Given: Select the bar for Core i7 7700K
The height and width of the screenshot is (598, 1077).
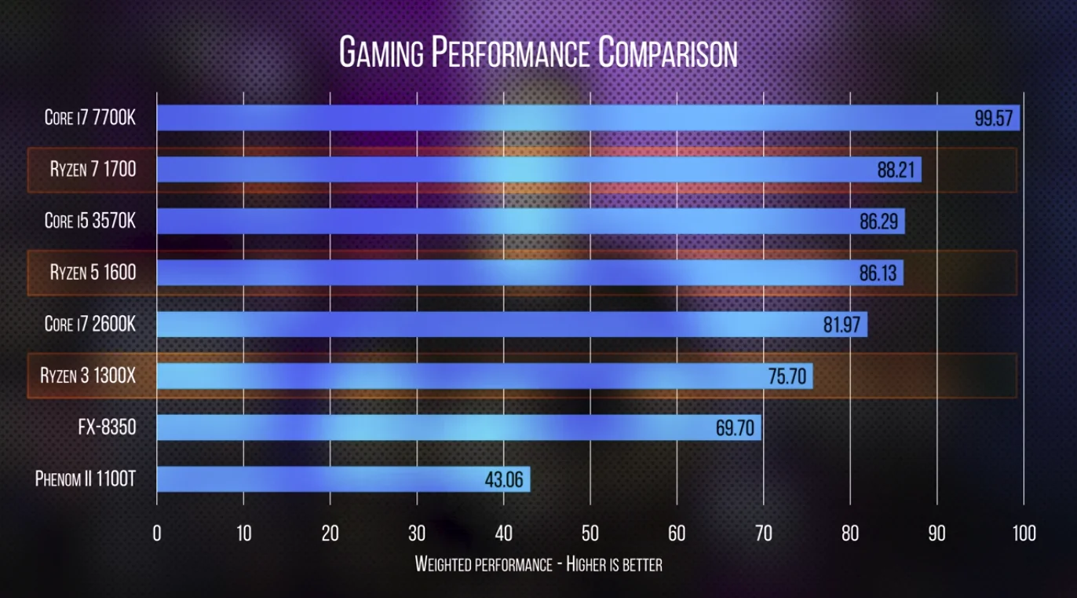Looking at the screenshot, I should tap(549, 119).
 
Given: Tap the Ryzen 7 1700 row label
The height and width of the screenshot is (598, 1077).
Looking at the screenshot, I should tap(93, 169).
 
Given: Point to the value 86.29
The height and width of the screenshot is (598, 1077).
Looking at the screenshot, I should tap(878, 222).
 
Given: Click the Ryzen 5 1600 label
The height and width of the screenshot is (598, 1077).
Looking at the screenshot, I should tap(93, 273).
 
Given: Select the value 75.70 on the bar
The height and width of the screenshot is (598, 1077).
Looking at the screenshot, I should tap(787, 376).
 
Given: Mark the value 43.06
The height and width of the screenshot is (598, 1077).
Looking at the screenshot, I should tap(504, 479).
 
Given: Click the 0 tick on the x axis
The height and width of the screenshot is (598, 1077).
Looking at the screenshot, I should tap(157, 534).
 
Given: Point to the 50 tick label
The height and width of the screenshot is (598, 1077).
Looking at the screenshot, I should tap(590, 534).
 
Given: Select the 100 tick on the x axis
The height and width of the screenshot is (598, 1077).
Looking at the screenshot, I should tap(1024, 534).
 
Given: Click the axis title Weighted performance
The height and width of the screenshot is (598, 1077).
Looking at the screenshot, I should tap(538, 564).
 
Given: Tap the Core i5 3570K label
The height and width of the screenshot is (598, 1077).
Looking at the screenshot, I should tap(90, 221).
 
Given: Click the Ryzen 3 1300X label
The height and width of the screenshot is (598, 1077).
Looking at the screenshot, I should tap(88, 376).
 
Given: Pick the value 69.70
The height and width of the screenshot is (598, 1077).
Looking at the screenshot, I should tap(735, 428).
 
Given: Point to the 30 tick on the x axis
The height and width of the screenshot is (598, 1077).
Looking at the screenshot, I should tap(417, 534).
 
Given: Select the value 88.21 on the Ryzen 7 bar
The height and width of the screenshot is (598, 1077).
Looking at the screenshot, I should tap(896, 170).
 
